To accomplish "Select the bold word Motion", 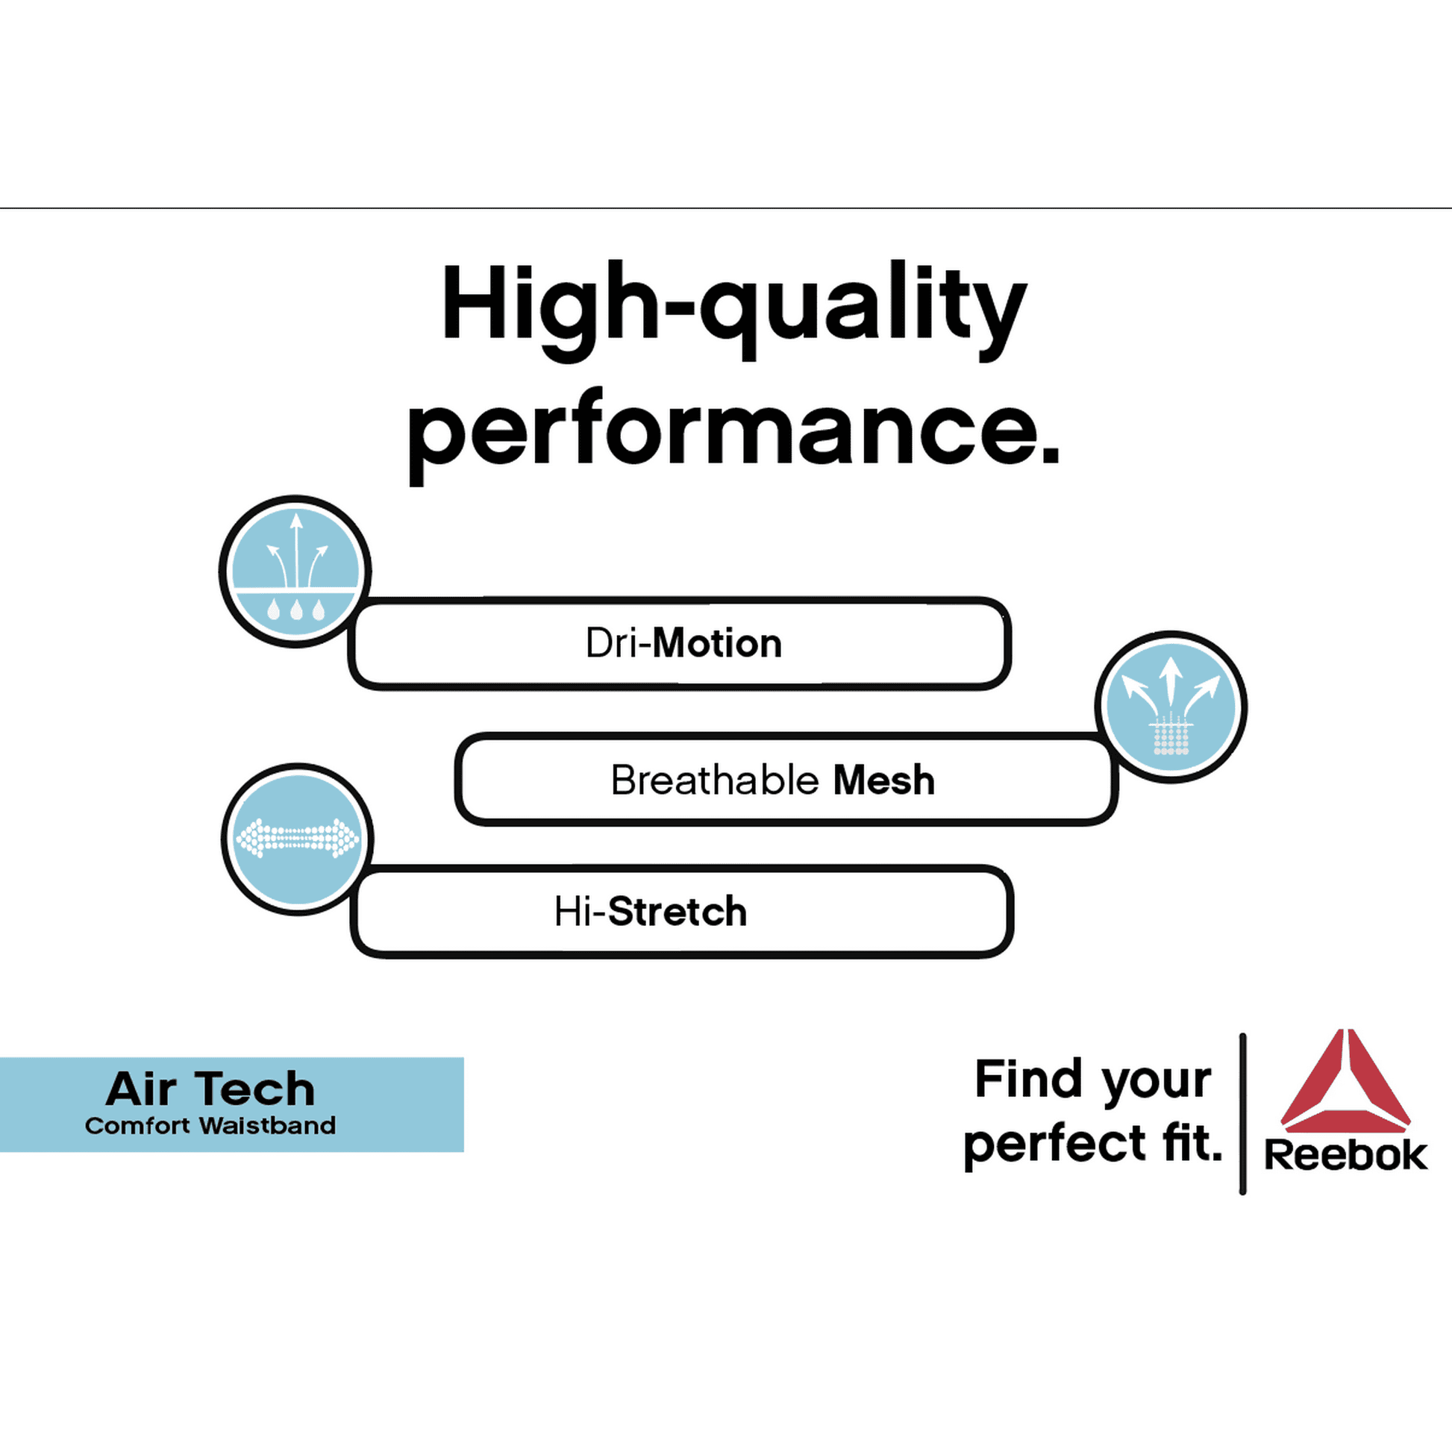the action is point(718,643).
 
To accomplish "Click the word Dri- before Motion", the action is point(619,643).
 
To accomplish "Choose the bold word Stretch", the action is point(678,912).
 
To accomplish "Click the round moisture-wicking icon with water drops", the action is point(295,572).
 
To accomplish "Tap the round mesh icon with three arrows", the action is point(1171,707).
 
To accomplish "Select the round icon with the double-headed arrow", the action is point(298,839).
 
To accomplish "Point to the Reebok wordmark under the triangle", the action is point(1345,1155).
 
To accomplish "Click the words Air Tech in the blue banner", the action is point(210,1089).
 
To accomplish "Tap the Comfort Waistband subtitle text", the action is point(210,1126).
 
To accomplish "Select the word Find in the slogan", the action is point(1027,1079).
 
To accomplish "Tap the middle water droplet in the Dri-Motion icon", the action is point(296,610).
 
